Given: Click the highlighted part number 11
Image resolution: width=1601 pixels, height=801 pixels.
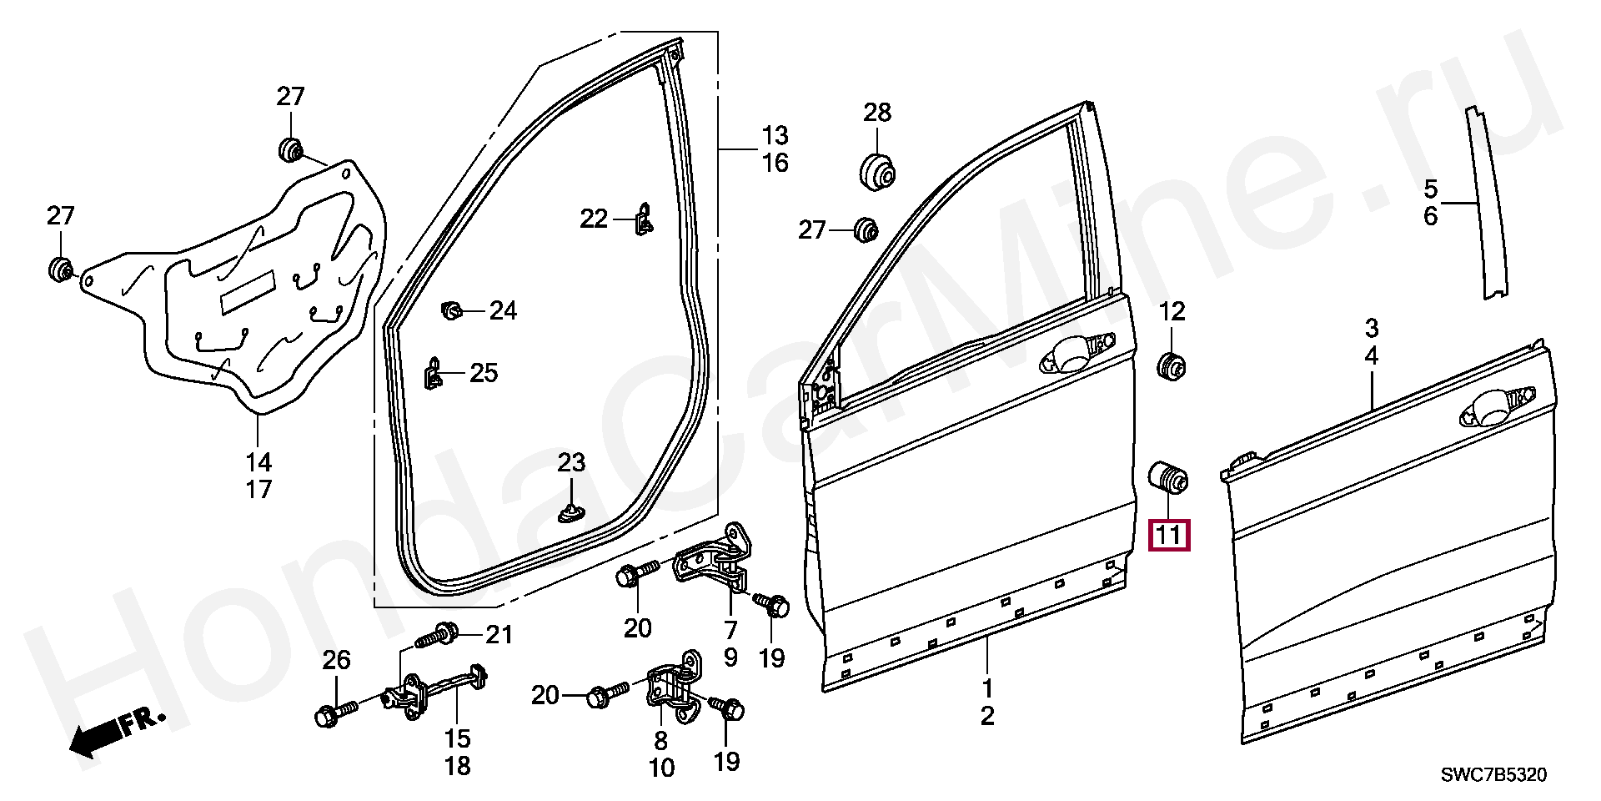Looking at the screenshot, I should point(1169,535).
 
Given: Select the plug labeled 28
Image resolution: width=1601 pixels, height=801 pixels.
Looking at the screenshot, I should point(876,171).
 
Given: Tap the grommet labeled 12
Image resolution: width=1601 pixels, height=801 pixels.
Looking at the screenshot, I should point(1172,365).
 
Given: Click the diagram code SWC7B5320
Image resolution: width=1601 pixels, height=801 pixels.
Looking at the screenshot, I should point(1493,776).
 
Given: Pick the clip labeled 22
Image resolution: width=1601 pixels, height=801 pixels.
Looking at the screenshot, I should point(644,219).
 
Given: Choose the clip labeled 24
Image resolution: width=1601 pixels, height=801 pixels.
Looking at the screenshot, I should point(452,311).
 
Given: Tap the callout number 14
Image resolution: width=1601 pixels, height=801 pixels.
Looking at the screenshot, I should point(258,461).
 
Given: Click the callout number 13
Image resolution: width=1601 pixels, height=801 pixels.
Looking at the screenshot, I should point(775,135).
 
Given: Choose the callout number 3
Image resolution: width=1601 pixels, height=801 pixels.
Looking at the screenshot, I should point(1371,326).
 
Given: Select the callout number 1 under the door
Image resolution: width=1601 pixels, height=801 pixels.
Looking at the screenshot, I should point(987,689).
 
